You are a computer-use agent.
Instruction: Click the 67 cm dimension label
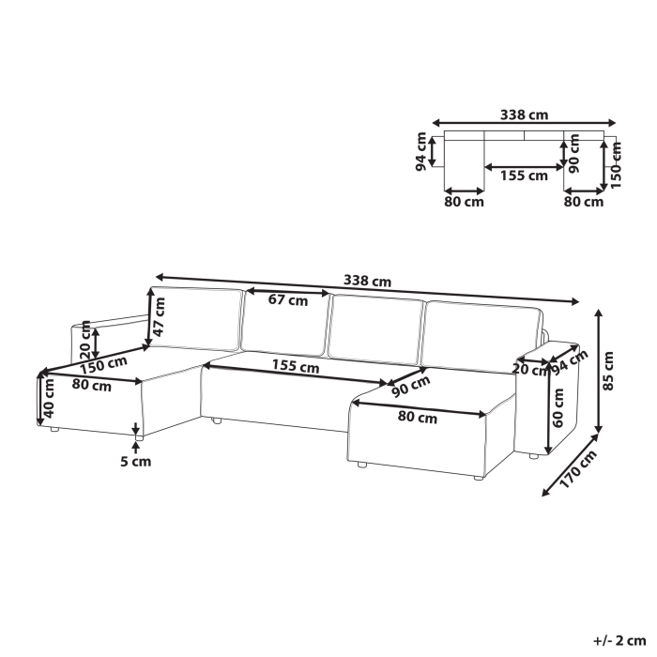(287, 301)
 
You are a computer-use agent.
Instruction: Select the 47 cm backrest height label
(160, 316)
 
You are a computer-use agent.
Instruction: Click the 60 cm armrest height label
(558, 409)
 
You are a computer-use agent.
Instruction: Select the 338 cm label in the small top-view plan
(525, 115)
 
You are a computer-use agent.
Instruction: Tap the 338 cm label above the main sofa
(367, 281)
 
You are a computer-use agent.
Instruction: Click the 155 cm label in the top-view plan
(524, 176)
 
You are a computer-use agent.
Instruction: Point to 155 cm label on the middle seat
(296, 368)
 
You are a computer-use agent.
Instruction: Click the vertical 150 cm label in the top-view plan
(616, 162)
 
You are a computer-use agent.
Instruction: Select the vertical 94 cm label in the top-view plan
(422, 150)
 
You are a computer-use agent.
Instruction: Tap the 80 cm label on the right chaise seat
(417, 419)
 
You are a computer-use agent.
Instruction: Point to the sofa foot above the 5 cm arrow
(138, 435)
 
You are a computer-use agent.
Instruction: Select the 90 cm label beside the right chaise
(411, 386)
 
